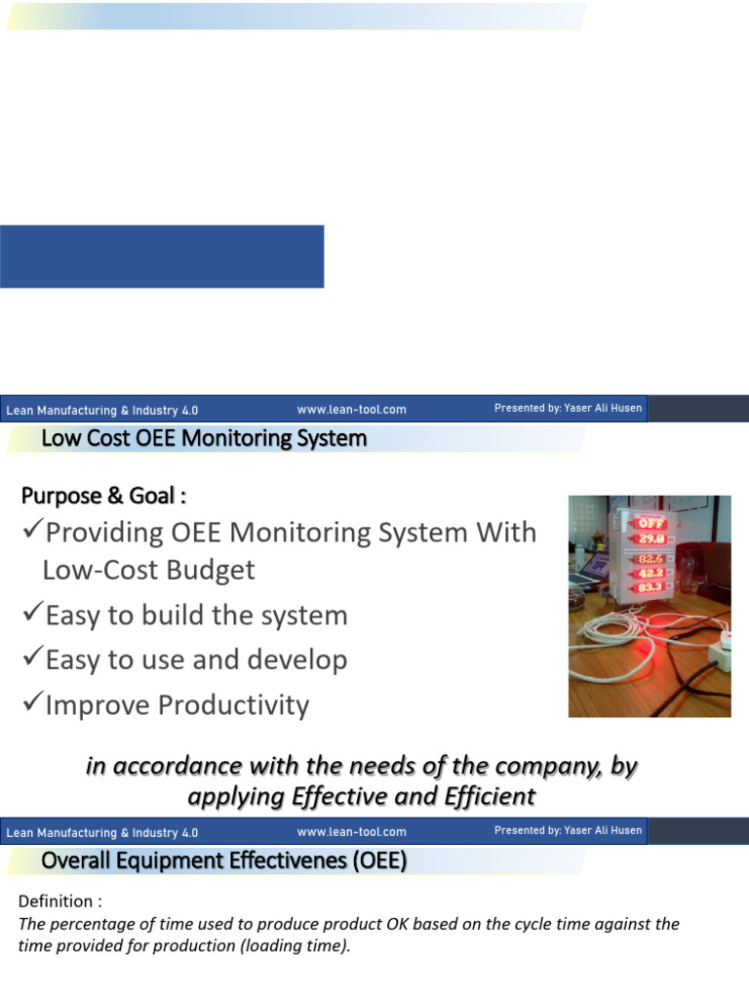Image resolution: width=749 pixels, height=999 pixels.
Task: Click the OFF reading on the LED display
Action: (x=650, y=522)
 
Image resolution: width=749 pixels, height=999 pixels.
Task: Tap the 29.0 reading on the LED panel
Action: (x=650, y=537)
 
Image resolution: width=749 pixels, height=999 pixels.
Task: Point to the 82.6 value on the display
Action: (x=650, y=559)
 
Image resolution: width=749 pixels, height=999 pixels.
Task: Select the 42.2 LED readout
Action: (x=650, y=574)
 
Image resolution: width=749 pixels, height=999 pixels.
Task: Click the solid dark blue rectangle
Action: (x=162, y=257)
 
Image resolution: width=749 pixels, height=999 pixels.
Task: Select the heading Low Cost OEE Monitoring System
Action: (x=204, y=438)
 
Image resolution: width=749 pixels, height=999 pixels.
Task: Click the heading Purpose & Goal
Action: (x=103, y=496)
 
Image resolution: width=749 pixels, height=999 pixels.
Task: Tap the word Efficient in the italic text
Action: (x=483, y=797)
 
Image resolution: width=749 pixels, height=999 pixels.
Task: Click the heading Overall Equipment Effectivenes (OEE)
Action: (x=223, y=861)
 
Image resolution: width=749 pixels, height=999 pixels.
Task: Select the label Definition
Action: (x=59, y=900)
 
